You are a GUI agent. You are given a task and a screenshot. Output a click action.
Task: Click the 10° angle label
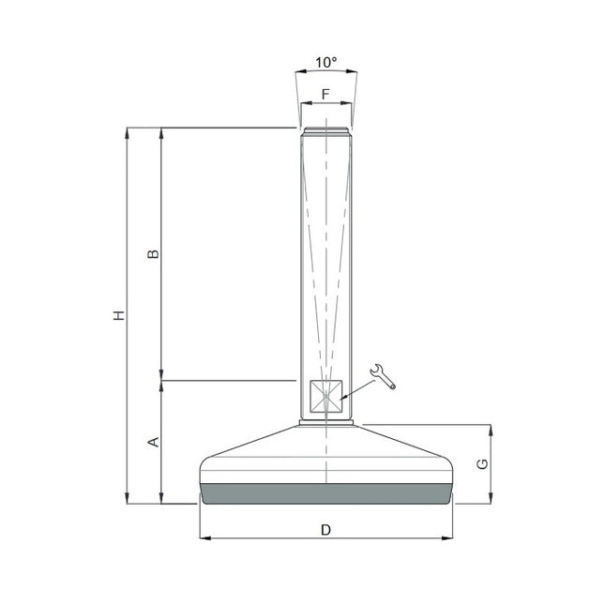point(325,62)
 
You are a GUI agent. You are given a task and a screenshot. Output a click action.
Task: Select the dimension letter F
point(325,94)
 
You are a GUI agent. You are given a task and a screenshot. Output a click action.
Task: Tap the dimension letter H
point(118,316)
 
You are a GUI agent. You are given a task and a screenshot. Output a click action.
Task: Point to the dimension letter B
point(156,254)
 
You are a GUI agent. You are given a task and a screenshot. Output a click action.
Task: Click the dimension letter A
point(156,441)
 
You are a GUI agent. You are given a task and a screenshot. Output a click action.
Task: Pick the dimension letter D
point(325,530)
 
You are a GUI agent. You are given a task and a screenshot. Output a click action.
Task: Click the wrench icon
point(384,375)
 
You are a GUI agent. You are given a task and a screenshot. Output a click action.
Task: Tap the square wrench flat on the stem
point(325,397)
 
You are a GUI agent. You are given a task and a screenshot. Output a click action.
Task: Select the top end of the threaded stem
point(325,129)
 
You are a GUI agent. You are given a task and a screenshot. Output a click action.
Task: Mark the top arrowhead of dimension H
point(127,133)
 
